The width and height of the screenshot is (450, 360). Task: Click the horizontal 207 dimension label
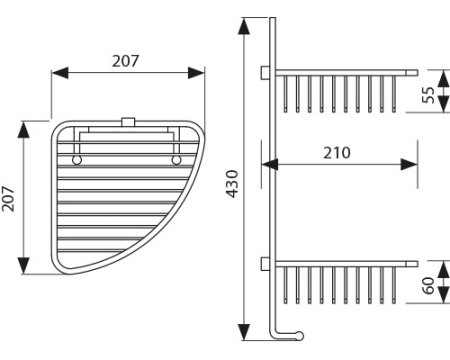point(125,61)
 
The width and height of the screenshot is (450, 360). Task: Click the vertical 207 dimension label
point(8,199)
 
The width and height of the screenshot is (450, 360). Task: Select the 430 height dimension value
point(232,184)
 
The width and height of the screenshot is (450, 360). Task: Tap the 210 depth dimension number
point(337,153)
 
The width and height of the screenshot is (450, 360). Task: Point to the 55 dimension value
point(428,95)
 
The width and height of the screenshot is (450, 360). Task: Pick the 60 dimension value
point(428,286)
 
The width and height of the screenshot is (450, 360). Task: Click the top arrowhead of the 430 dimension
point(244,26)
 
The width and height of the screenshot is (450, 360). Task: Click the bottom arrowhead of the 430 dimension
point(244,331)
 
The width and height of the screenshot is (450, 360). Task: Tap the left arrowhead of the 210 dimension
point(270,164)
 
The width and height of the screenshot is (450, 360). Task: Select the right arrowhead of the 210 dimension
point(409,164)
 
